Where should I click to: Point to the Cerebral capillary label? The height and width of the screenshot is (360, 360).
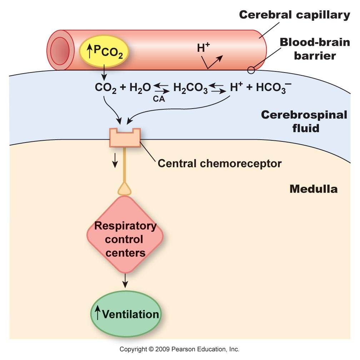click(294, 15)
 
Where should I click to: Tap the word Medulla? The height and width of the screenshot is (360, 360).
click(313, 189)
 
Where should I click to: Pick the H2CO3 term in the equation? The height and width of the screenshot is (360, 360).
click(190, 88)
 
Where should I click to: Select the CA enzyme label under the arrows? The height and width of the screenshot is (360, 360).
click(159, 100)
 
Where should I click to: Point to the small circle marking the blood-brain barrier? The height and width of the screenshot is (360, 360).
click(251, 70)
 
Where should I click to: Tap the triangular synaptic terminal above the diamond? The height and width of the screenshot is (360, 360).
click(125, 189)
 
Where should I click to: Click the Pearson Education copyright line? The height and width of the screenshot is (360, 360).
click(179, 349)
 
